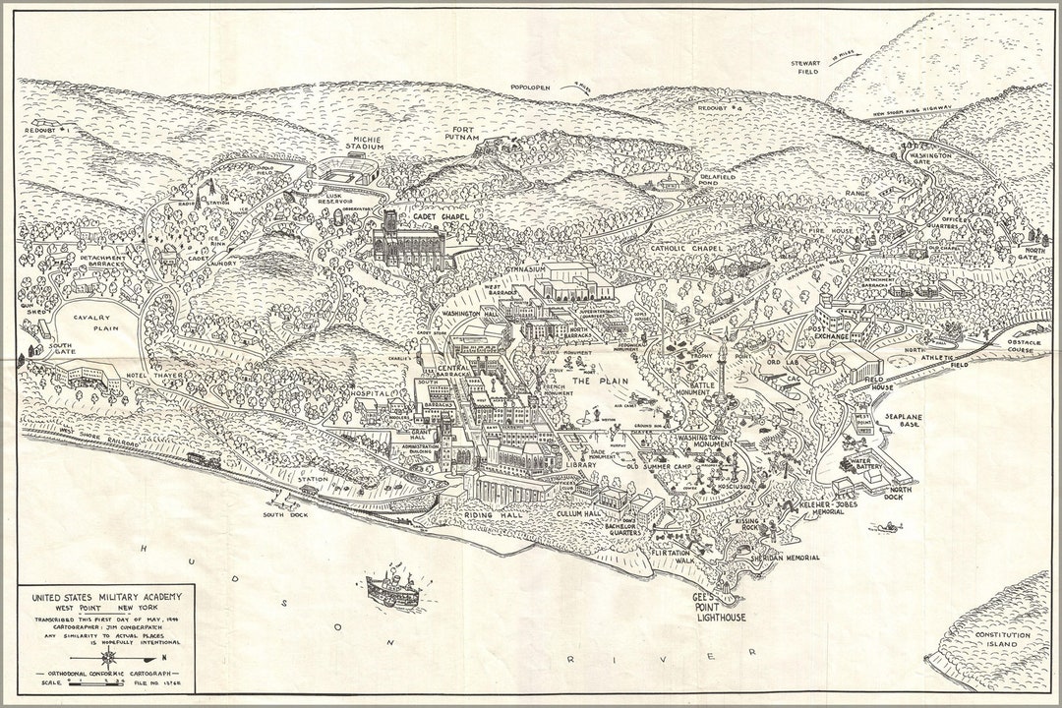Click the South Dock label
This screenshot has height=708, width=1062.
point(282,514)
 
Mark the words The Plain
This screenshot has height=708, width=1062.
point(595,380)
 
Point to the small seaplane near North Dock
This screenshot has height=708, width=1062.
point(890,529)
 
